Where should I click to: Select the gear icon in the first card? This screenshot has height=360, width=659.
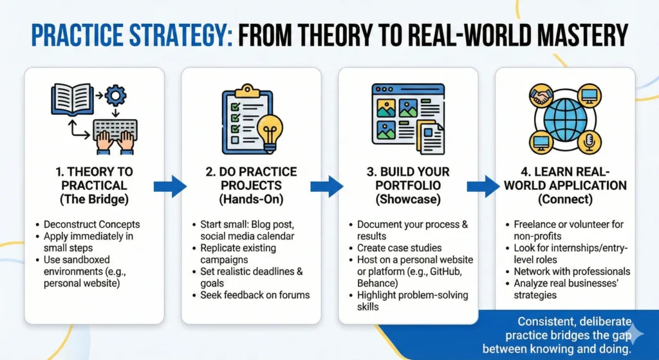(x=116, y=95)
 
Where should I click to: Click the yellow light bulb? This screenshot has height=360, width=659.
(x=270, y=131)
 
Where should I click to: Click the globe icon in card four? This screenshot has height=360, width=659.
(x=565, y=119)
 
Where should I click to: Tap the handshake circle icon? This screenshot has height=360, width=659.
(x=541, y=97)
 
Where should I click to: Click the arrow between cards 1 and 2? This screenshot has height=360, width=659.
(x=170, y=186)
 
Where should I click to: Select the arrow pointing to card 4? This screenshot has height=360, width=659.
(x=484, y=186)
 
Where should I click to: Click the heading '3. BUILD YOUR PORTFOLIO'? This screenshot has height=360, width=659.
(x=408, y=179)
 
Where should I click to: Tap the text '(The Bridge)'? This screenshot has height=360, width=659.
(x=94, y=199)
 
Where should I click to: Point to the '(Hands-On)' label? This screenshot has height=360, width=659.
(x=252, y=199)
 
